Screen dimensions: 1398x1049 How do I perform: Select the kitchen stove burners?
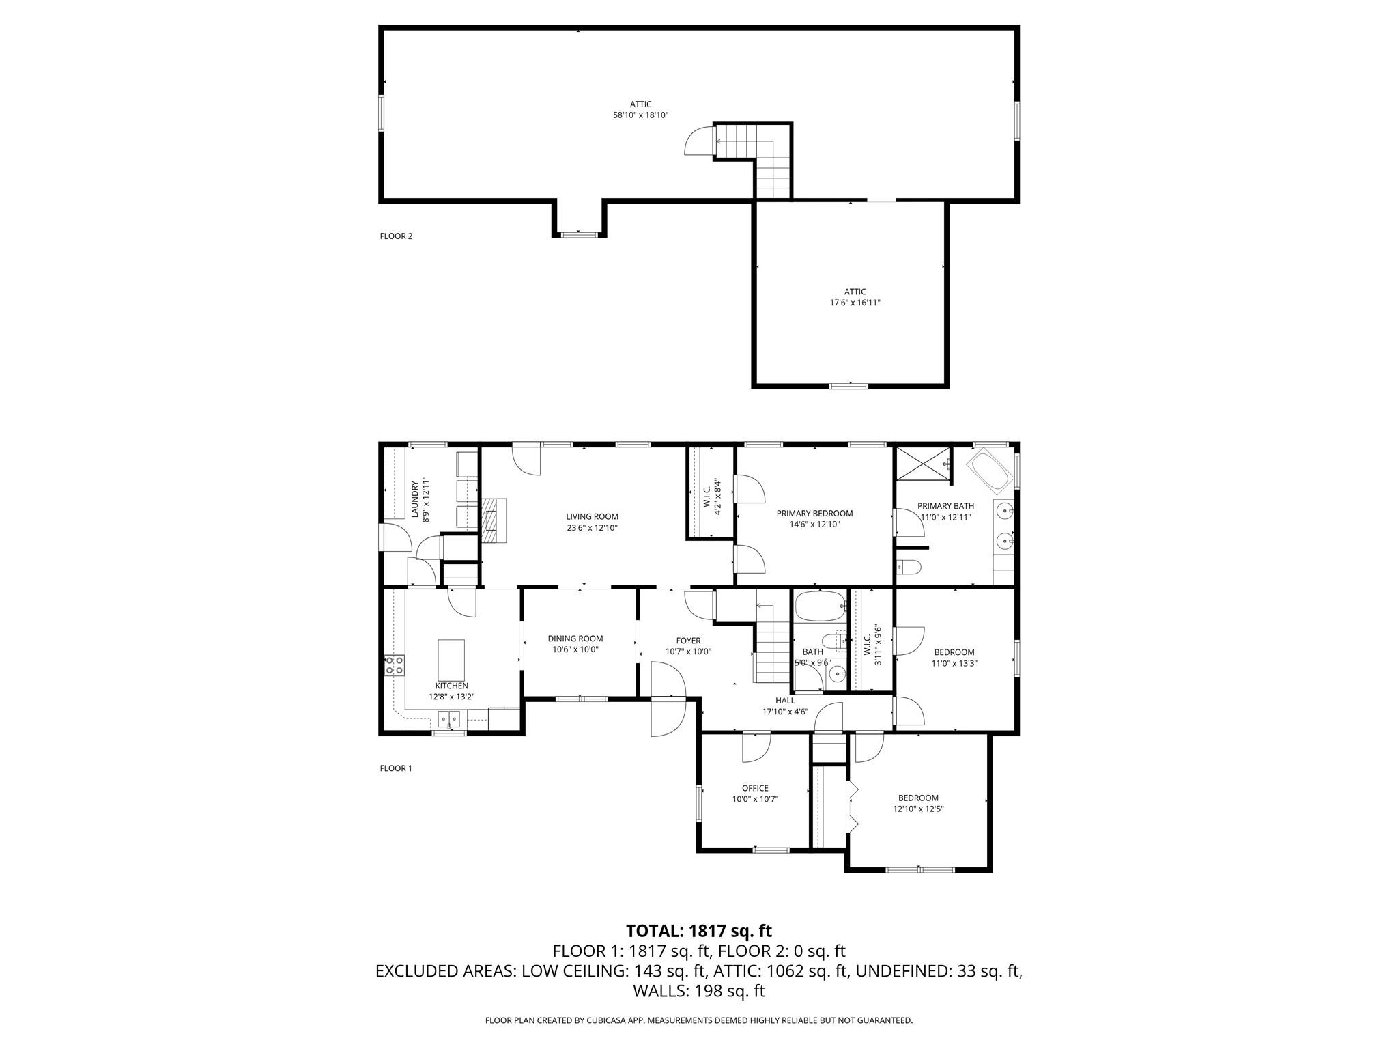tap(394, 665)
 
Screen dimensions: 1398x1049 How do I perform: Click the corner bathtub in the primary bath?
tap(990, 471)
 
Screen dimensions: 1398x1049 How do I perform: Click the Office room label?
tap(755, 788)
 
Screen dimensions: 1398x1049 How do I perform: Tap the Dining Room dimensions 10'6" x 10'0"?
tap(575, 649)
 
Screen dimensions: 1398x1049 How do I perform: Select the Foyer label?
tap(688, 641)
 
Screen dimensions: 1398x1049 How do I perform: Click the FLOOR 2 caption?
tap(396, 236)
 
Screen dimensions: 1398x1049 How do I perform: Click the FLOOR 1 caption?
tap(396, 768)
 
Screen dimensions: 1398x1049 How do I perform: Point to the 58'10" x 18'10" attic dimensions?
tap(640, 115)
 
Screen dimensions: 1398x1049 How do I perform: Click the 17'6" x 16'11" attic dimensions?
tap(855, 303)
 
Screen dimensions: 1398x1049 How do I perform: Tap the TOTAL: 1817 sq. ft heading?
tap(699, 930)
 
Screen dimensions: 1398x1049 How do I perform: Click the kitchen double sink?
tap(449, 718)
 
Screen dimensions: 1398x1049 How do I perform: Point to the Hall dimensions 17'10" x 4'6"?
tap(785, 711)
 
